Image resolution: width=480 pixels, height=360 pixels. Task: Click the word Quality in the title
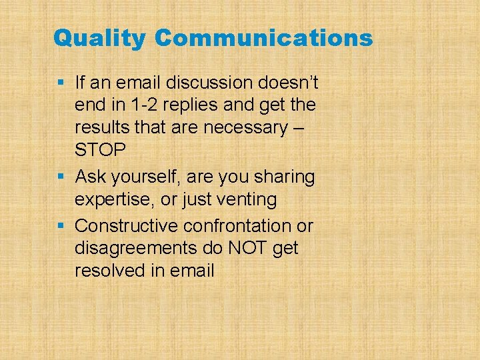[99, 39]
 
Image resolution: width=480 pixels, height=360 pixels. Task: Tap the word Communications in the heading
[263, 38]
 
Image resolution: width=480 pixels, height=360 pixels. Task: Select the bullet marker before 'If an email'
[61, 83]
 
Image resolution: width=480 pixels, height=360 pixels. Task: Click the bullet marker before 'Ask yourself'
[61, 177]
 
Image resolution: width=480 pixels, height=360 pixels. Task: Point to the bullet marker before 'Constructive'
[61, 225]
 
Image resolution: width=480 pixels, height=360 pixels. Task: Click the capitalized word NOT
[246, 248]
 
